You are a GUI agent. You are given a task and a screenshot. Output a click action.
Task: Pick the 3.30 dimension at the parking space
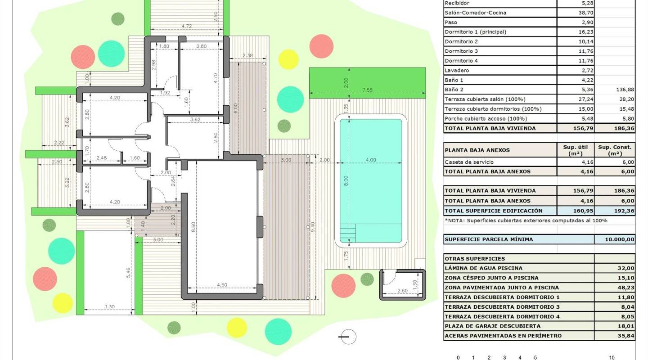coord(109,306)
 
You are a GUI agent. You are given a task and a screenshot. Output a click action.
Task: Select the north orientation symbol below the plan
coord(347,337)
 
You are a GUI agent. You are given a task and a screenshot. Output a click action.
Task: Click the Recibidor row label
coord(457,3)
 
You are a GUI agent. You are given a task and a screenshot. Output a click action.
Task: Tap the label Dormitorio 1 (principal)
coord(475,32)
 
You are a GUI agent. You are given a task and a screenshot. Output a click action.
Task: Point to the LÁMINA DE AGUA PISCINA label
coord(484,268)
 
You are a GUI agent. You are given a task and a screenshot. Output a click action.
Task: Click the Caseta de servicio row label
coord(469,162)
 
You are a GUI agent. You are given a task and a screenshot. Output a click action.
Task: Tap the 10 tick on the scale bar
coord(612,358)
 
